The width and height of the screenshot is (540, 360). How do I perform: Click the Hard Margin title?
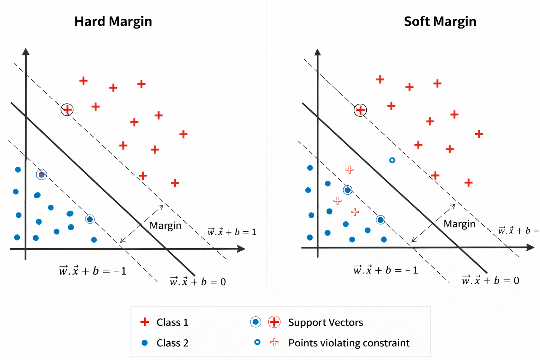click(x=113, y=21)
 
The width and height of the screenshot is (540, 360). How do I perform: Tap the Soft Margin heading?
click(x=440, y=21)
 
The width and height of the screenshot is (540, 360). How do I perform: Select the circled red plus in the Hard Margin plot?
click(x=67, y=110)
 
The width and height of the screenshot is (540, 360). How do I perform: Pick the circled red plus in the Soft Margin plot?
click(x=360, y=110)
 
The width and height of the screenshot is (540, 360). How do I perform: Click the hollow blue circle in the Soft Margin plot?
click(x=392, y=160)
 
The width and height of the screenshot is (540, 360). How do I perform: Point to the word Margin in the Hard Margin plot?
click(x=165, y=225)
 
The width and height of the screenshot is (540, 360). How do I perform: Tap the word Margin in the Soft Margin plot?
click(x=459, y=224)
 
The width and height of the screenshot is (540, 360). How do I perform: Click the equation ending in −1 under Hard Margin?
click(x=93, y=271)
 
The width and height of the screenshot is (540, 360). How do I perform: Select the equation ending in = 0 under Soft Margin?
click(x=490, y=280)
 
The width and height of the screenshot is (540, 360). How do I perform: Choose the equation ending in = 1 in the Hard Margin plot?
click(x=232, y=232)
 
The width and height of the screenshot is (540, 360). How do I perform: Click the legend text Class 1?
click(x=172, y=322)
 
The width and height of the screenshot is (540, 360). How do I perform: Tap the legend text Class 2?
click(x=172, y=343)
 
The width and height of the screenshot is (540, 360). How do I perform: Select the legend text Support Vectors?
click(x=326, y=322)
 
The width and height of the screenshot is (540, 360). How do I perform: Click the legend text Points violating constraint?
click(x=349, y=343)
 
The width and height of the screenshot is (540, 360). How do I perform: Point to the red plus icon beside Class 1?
click(x=144, y=322)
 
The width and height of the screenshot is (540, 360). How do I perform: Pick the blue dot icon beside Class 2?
click(x=144, y=343)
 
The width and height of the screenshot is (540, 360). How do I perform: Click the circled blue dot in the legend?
click(x=256, y=322)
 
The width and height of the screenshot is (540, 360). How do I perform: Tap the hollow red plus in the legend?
click(x=275, y=342)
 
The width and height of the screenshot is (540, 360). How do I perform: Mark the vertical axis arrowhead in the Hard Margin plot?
click(x=26, y=52)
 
